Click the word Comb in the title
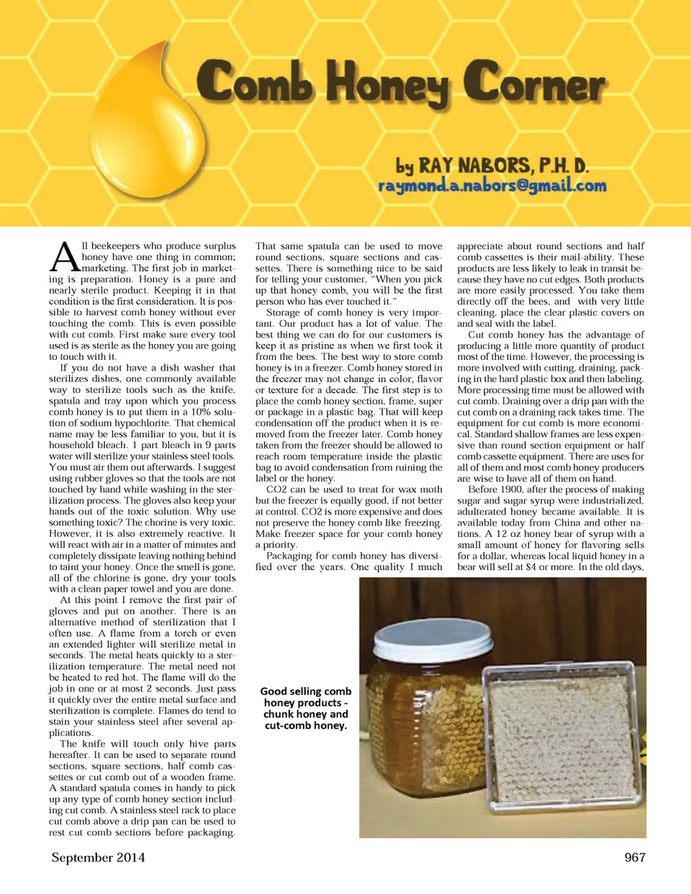pyautogui.click(x=255, y=81)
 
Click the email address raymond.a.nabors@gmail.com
pyautogui.click(x=492, y=185)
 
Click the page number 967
pyautogui.click(x=634, y=857)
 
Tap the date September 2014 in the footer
pyautogui.click(x=98, y=857)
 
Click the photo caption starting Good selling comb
pyautogui.click(x=305, y=708)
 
